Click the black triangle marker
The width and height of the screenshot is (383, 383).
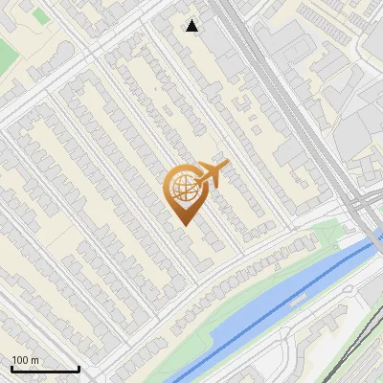(x=192, y=26)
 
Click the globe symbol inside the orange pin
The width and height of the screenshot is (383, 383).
(x=183, y=188)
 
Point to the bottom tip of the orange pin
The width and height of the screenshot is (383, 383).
(x=183, y=224)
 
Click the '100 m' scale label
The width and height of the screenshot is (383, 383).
(x=25, y=360)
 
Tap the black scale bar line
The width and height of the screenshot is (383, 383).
(x=45, y=369)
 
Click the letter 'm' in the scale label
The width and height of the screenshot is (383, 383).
(x=34, y=360)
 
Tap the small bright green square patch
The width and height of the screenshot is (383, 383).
(x=39, y=15)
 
